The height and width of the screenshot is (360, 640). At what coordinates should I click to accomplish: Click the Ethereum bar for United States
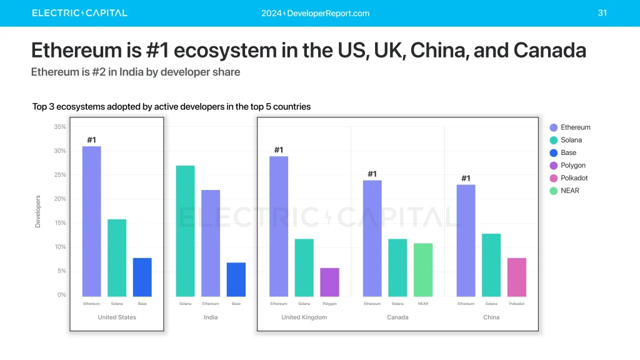[x=91, y=221]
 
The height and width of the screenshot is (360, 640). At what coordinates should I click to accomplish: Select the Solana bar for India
[x=185, y=231]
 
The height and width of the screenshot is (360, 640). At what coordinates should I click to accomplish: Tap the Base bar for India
[x=236, y=279]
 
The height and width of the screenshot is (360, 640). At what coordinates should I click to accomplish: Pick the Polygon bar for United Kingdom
[x=329, y=282]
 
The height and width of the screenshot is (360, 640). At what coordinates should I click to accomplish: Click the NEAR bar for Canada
[x=423, y=269]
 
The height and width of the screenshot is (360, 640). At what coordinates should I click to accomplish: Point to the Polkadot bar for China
[x=517, y=277]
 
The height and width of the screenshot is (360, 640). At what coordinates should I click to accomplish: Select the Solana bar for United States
[x=117, y=257]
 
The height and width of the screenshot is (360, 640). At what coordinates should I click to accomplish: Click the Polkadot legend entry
[x=569, y=178]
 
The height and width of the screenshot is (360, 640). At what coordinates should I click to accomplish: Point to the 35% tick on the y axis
[x=60, y=127]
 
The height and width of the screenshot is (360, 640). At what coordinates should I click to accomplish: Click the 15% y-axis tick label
[x=60, y=223]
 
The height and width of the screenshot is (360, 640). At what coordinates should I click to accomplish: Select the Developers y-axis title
[x=37, y=211]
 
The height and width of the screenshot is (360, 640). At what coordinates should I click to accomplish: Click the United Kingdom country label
[x=304, y=317]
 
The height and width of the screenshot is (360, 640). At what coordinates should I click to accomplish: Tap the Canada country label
[x=397, y=317]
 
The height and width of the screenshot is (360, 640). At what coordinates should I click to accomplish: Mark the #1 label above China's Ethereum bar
[x=466, y=178]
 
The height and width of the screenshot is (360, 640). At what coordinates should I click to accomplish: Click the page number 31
[x=602, y=12]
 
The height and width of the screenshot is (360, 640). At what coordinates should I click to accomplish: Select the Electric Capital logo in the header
[x=79, y=13]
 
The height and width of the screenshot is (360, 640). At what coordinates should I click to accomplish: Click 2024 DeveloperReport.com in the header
[x=316, y=13]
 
